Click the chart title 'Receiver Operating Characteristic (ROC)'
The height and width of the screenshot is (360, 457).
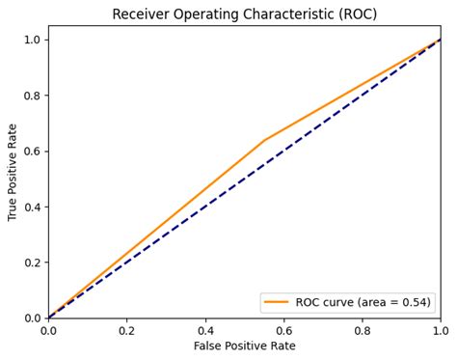pyautogui.click(x=245, y=14)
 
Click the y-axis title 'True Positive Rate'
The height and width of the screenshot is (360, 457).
pyautogui.click(x=13, y=172)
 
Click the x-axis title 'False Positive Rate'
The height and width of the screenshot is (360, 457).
pyautogui.click(x=245, y=346)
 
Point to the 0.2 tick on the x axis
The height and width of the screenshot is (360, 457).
pyautogui.click(x=126, y=329)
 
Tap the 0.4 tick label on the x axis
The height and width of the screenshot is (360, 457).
pyautogui.click(x=205, y=329)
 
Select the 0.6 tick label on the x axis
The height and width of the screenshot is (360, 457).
pyautogui.click(x=283, y=329)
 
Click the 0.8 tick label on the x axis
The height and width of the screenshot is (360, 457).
pyautogui.click(x=363, y=329)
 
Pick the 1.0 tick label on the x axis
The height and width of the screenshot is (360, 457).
pyautogui.click(x=440, y=329)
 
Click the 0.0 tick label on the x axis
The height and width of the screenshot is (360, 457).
pyautogui.click(x=48, y=329)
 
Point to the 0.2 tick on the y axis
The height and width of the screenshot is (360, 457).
pyautogui.click(x=32, y=263)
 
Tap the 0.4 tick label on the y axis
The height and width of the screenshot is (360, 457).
pyautogui.click(x=32, y=207)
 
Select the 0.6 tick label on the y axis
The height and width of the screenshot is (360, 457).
pyautogui.click(x=32, y=152)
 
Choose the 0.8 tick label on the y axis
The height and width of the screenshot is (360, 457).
pyautogui.click(x=32, y=96)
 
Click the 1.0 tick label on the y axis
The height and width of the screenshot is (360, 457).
pyautogui.click(x=32, y=40)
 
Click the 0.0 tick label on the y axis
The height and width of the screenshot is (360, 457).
pyautogui.click(x=32, y=318)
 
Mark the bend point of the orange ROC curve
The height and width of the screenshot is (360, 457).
pyautogui.click(x=264, y=140)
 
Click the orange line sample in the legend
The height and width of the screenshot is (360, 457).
pyautogui.click(x=277, y=302)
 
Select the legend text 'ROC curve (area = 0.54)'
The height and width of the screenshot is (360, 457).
pyautogui.click(x=363, y=302)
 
